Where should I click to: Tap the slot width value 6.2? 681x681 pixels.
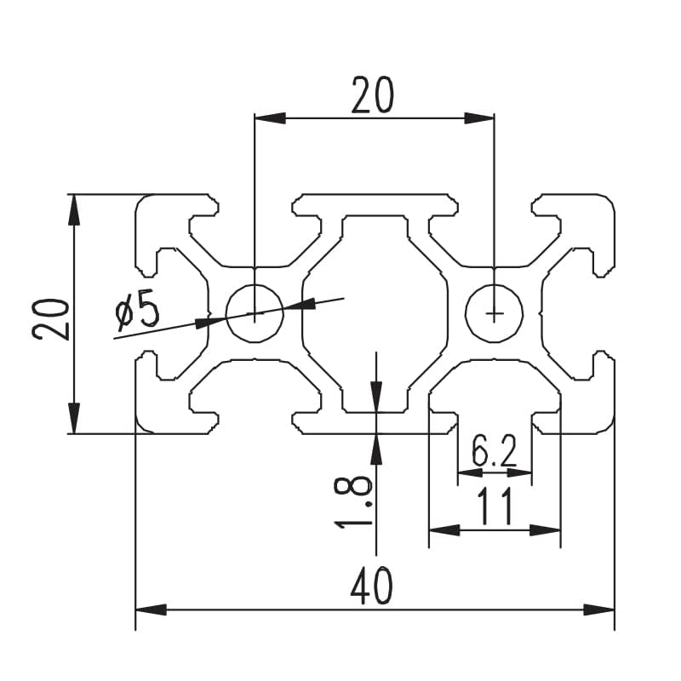click(x=495, y=452)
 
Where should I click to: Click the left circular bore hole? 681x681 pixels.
click(x=255, y=312)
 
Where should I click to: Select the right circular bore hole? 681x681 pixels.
click(x=495, y=312)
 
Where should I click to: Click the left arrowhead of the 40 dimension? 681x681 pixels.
click(x=150, y=609)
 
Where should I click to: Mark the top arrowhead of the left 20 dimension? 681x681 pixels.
click(x=73, y=209)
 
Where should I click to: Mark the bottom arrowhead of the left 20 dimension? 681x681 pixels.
click(x=73, y=418)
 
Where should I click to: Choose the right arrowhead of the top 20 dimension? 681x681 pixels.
click(x=479, y=118)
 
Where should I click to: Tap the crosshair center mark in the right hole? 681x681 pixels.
click(x=495, y=313)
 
